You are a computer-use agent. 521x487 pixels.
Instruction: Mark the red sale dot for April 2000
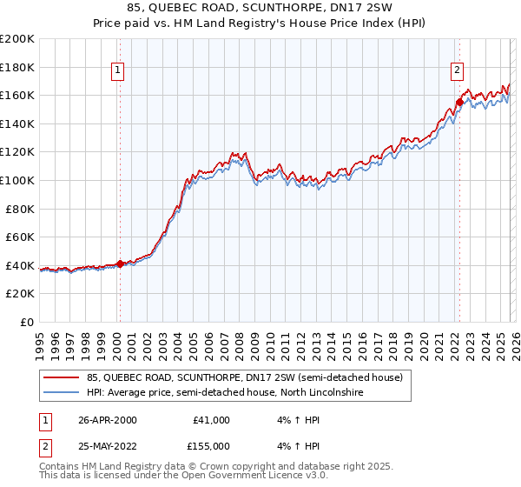pos(121,264)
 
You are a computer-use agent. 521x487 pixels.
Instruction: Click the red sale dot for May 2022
pos(459,102)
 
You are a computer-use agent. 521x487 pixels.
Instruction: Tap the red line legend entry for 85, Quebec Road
pos(244,378)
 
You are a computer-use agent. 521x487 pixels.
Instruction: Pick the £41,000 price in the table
pos(211,420)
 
